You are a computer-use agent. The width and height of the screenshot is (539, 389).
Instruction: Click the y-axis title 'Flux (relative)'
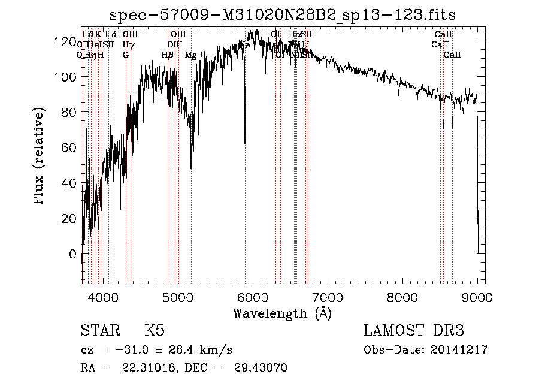point(40,157)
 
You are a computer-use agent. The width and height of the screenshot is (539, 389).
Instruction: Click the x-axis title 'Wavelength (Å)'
point(282,313)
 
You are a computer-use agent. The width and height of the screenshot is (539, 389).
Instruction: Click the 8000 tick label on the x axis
point(402,297)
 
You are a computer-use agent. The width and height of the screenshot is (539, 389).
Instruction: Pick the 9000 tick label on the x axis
point(477,297)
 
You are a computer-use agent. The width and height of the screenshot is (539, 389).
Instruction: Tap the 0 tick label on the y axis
point(73,254)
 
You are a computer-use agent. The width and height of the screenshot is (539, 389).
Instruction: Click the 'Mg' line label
point(190,55)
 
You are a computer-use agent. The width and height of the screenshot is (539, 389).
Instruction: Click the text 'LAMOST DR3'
point(413,331)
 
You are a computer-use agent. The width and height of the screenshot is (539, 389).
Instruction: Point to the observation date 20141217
point(462,350)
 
